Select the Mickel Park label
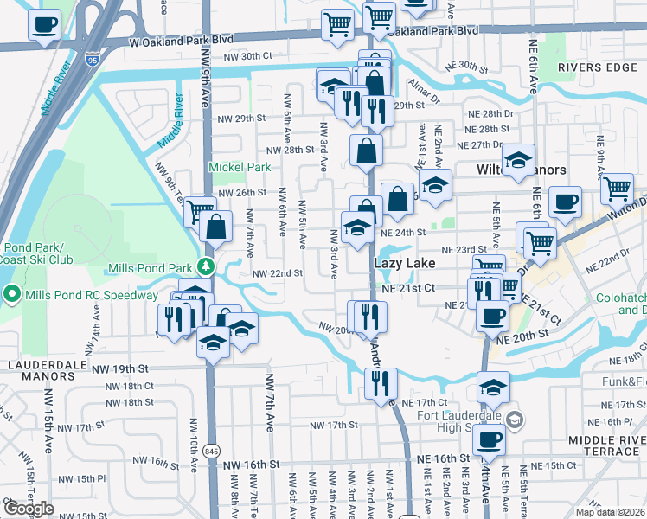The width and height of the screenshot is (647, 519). (239, 167)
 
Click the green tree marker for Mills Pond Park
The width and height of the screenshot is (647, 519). (206, 265)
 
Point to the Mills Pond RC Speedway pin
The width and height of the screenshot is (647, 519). (11, 295)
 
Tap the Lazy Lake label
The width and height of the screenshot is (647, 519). (404, 261)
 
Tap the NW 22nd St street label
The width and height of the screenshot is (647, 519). (277, 273)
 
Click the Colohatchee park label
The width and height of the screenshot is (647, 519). (621, 304)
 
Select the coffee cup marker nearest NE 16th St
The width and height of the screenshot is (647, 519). (489, 439)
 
